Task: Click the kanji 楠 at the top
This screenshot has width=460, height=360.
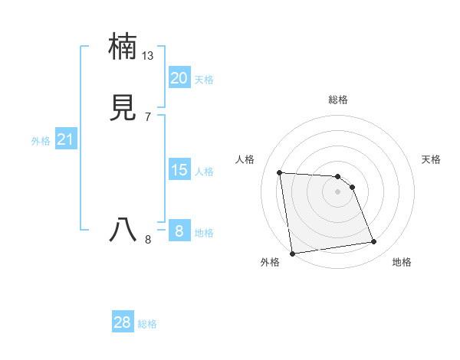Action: coord(123,47)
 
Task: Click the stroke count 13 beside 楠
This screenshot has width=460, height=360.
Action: coord(148,56)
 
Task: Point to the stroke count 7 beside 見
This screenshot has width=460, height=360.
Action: coord(148,117)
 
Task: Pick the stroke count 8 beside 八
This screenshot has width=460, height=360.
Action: coord(148,240)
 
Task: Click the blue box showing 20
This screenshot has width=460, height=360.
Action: coord(179,78)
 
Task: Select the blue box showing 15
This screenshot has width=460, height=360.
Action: coord(179,170)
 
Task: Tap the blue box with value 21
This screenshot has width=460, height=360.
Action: coord(65,139)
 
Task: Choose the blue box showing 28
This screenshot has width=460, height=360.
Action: coord(123,322)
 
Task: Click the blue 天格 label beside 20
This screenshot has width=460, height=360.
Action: coord(204,80)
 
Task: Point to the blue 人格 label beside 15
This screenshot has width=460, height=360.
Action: coord(204,172)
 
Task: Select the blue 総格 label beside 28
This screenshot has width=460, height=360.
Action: coord(147,324)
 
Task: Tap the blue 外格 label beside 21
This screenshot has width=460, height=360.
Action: coord(41,141)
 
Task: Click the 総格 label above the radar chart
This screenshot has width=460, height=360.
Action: coord(338,100)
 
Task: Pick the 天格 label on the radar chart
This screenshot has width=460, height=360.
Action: coord(432,159)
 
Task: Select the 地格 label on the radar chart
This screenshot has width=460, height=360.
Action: coord(402,263)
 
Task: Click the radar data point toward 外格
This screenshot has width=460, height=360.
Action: coord(292,253)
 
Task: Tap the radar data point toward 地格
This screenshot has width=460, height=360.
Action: coord(374,242)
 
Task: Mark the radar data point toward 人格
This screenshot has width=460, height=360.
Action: coord(280,172)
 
